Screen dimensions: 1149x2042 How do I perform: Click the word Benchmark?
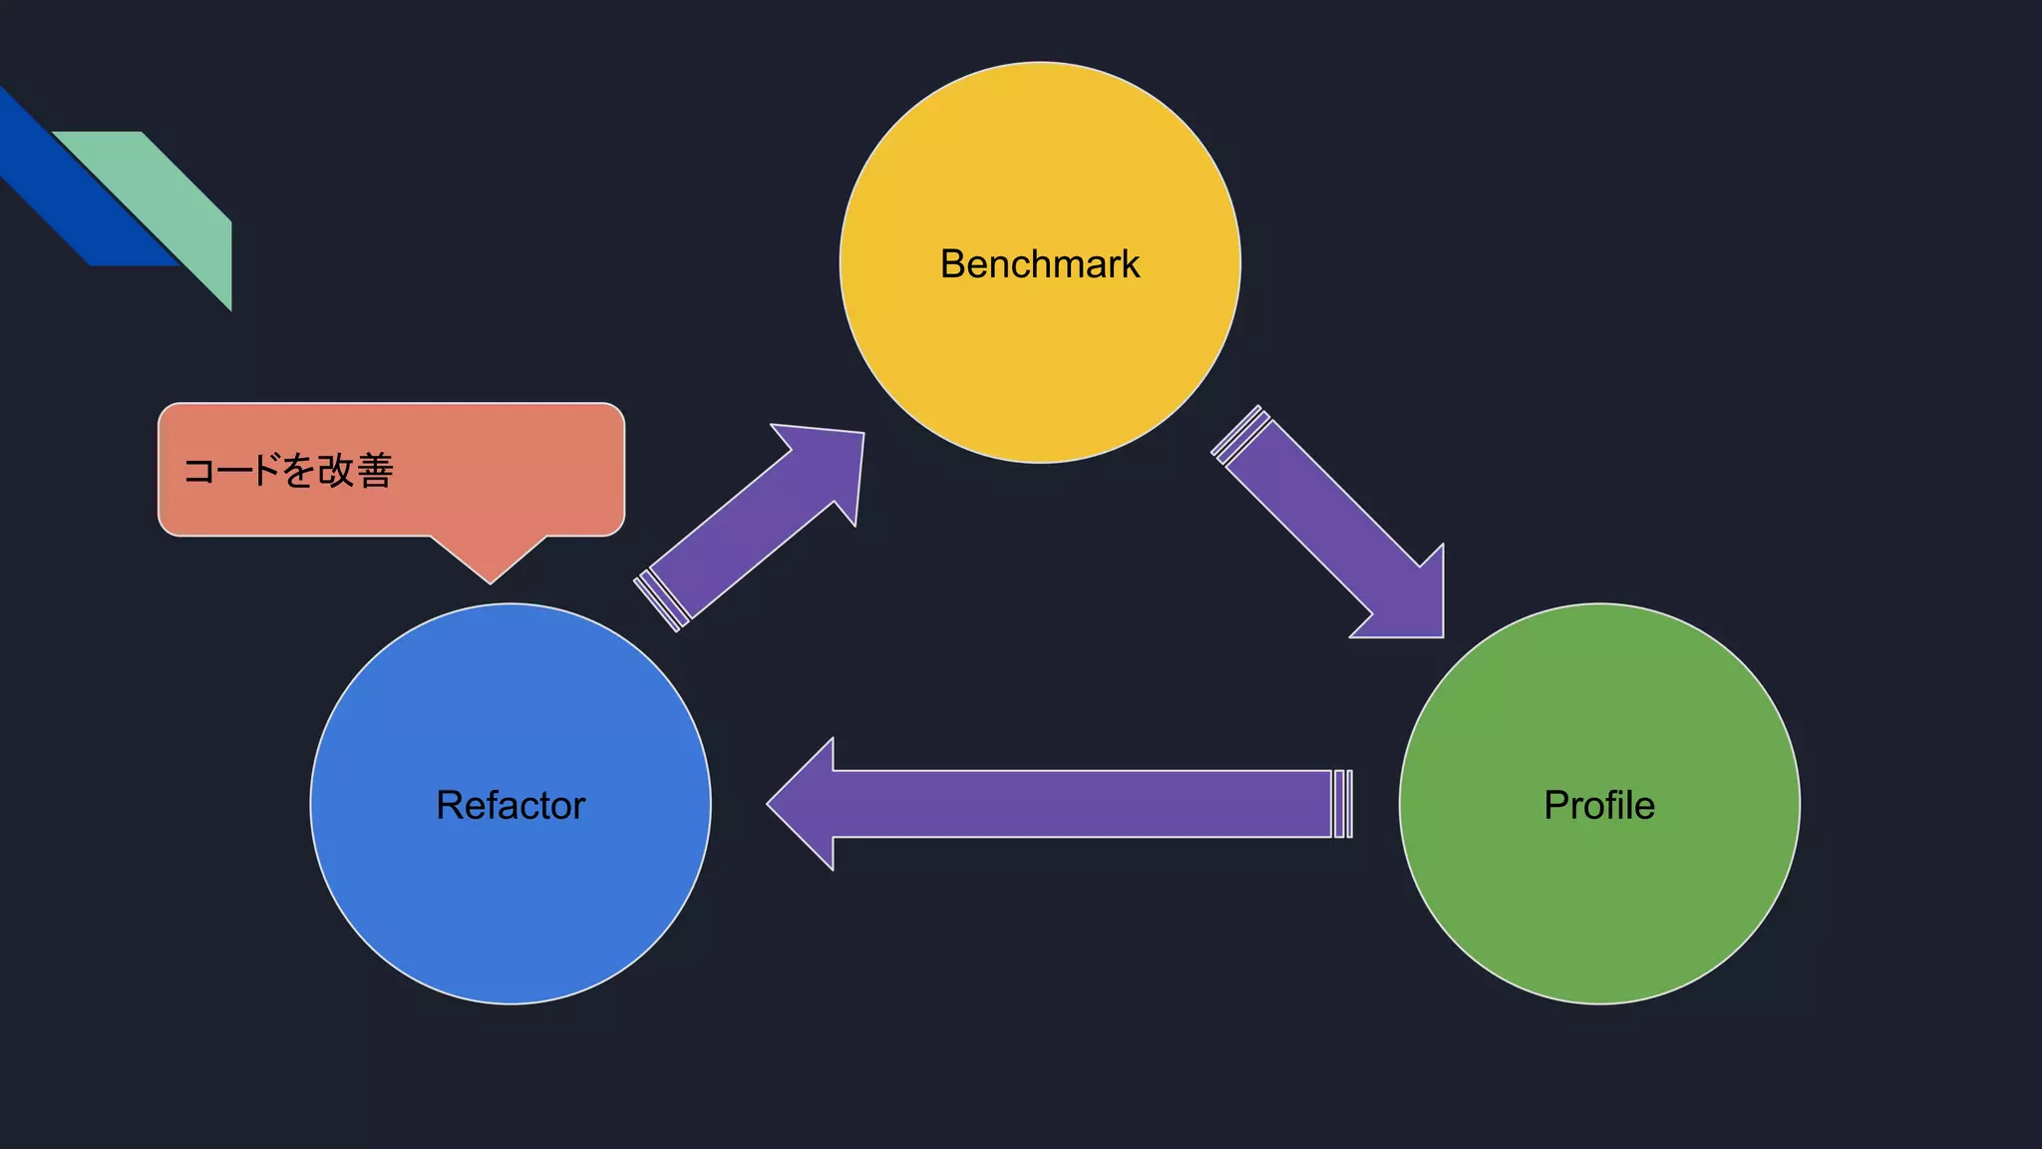click(x=1039, y=264)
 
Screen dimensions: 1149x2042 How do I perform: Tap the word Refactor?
click(x=510, y=805)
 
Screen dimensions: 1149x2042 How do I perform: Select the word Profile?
click(x=1599, y=805)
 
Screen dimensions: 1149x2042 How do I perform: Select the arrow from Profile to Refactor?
click(x=1077, y=804)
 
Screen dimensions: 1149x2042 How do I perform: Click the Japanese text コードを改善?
click(x=288, y=471)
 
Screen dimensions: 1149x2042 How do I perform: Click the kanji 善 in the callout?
click(x=375, y=471)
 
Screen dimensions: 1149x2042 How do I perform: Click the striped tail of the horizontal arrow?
click(x=1343, y=804)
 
